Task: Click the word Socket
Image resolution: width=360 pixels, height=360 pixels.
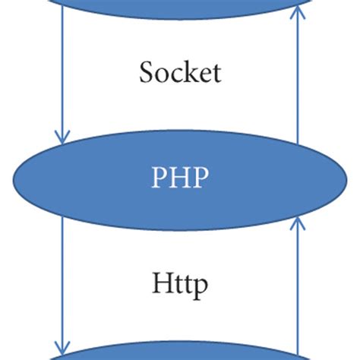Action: pos(180,72)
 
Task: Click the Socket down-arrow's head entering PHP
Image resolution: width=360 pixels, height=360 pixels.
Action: pos(62,137)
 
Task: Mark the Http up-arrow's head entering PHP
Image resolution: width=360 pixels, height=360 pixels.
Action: pos(298,223)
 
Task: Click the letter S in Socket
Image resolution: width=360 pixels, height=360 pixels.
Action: pos(147,72)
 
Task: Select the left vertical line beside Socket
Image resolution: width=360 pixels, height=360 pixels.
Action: pos(62,76)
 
